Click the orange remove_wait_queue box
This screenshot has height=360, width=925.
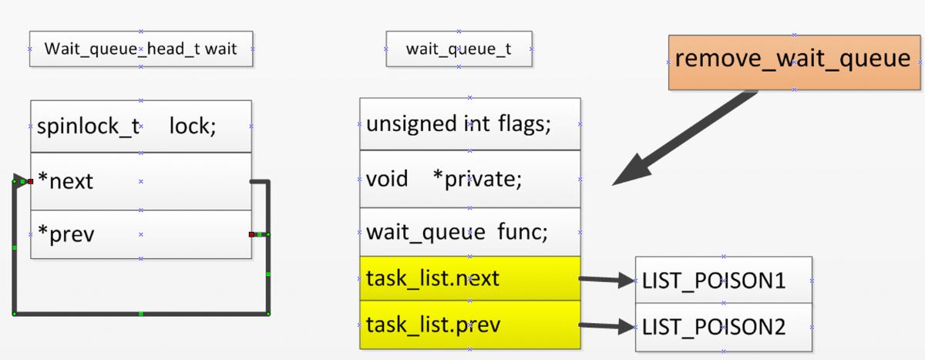click(x=794, y=62)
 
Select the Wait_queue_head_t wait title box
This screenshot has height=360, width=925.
click(x=141, y=49)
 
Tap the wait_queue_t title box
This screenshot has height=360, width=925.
click(x=459, y=49)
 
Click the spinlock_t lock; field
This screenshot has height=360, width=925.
click(x=141, y=126)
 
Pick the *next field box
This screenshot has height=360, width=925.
click(x=141, y=181)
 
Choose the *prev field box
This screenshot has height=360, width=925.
click(x=141, y=234)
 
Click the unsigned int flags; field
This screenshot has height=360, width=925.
click(x=470, y=124)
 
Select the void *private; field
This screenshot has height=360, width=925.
click(x=470, y=179)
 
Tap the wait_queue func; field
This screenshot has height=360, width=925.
click(x=470, y=232)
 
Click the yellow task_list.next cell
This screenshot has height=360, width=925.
click(x=470, y=278)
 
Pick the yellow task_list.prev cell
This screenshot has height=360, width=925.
click(x=470, y=325)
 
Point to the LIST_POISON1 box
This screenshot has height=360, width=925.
click(x=724, y=280)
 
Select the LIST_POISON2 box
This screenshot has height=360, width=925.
click(x=724, y=328)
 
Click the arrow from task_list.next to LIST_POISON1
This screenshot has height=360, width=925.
click(x=607, y=280)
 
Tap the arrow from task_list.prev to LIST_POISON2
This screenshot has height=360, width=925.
click(x=607, y=326)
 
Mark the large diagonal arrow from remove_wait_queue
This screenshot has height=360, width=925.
click(x=685, y=138)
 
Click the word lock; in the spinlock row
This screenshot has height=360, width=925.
click(x=193, y=126)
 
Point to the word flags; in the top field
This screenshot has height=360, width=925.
click(x=524, y=124)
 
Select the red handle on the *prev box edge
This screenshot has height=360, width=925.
click(x=251, y=234)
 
